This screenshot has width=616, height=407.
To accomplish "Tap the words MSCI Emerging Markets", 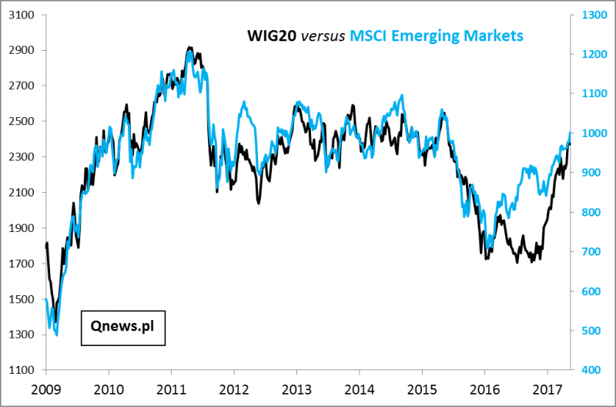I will [437, 35].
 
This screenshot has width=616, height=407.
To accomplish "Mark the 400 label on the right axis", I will [586, 370].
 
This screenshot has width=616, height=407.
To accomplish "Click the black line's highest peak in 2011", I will [189, 47].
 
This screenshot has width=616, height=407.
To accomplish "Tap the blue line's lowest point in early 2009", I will [56, 335].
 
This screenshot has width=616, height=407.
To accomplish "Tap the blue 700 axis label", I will [586, 252].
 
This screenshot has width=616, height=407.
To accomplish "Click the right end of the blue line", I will [571, 133].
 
